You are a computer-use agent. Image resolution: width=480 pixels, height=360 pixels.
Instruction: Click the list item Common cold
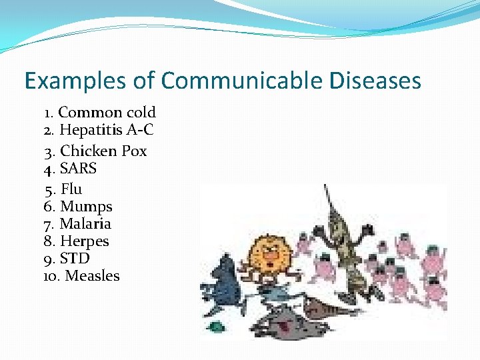pyautogui.click(x=107, y=112)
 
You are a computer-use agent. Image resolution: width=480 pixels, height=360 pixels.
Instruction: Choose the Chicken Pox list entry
pyautogui.click(x=103, y=151)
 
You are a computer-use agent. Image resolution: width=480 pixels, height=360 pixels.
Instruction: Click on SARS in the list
pyautogui.click(x=78, y=168)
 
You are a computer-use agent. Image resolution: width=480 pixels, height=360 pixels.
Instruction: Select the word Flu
pyautogui.click(x=71, y=189)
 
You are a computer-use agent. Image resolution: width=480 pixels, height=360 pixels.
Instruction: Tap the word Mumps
pyautogui.click(x=86, y=207)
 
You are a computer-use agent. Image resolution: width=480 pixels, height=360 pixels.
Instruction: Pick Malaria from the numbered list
pyautogui.click(x=85, y=224)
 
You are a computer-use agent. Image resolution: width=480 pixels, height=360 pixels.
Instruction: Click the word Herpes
pyautogui.click(x=84, y=241)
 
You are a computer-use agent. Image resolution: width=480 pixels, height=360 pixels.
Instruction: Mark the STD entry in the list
pyautogui.click(x=75, y=258)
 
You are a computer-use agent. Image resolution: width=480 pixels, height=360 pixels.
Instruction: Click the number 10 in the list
pyautogui.click(x=51, y=275)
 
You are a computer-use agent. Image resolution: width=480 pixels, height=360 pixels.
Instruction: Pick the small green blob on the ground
pyautogui.click(x=215, y=327)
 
